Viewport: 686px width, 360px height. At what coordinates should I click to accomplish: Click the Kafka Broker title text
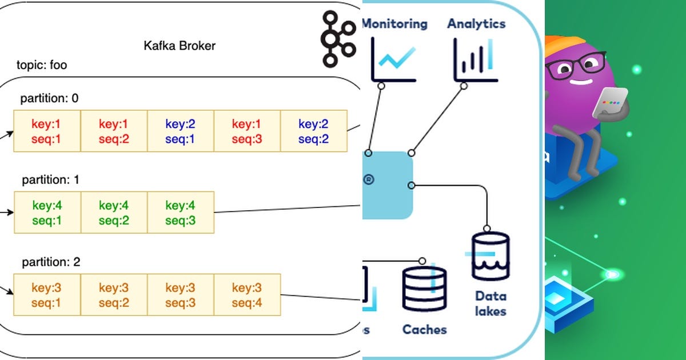click(x=180, y=46)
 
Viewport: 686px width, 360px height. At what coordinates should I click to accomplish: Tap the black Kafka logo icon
click(x=337, y=38)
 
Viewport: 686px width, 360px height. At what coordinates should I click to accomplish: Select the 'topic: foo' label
click(x=42, y=65)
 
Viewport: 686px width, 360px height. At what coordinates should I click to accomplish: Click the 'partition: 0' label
click(x=50, y=98)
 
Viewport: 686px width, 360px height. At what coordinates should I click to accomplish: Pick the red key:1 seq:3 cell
click(x=247, y=131)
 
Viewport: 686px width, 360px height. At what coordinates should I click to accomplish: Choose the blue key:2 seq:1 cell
click(x=181, y=131)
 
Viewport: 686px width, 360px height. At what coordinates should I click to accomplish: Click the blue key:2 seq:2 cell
click(x=314, y=131)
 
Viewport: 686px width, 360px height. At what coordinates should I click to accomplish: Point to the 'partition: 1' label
click(x=51, y=180)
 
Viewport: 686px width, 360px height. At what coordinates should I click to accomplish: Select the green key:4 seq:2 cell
click(x=114, y=213)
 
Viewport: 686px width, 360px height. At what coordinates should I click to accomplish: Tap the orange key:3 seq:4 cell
click(x=247, y=295)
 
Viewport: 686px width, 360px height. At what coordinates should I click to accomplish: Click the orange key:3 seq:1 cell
click(x=47, y=295)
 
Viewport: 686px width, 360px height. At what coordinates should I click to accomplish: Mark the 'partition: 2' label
click(x=51, y=262)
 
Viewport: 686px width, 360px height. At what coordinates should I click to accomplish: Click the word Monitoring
click(x=394, y=24)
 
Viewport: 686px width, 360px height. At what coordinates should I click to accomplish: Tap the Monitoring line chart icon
click(x=393, y=60)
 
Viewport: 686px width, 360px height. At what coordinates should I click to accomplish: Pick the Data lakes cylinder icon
click(x=490, y=255)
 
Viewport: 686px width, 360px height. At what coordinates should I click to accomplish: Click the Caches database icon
click(x=424, y=289)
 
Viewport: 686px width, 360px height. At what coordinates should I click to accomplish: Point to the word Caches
click(x=424, y=329)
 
